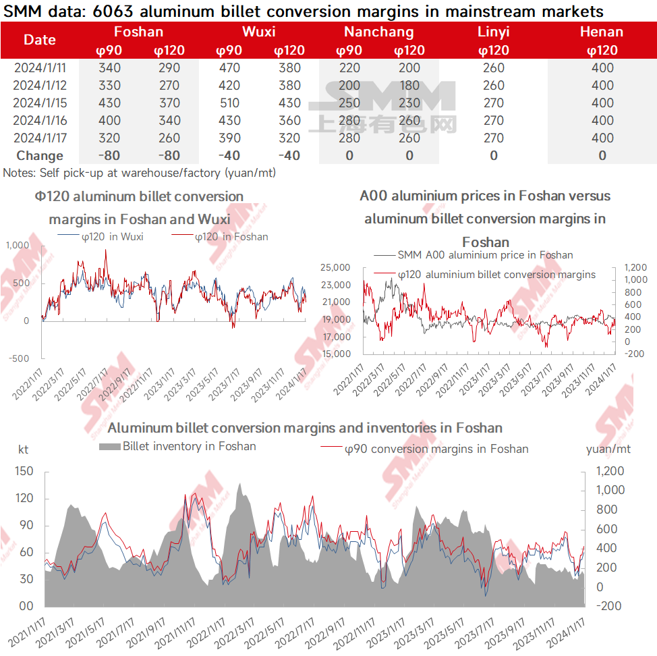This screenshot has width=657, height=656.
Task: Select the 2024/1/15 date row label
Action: [x=40, y=103]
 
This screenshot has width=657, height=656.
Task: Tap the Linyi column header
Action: [x=494, y=32]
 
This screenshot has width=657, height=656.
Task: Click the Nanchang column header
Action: [x=378, y=32]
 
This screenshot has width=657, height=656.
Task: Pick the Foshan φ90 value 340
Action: [x=109, y=68]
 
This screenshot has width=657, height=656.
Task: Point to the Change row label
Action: [x=40, y=156]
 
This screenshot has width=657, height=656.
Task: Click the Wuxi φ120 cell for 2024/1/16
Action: [x=289, y=121]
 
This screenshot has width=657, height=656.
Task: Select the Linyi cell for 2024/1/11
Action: [x=494, y=68]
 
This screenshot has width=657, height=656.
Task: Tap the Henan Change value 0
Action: [x=602, y=156]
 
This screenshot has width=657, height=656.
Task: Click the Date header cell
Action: [x=40, y=40]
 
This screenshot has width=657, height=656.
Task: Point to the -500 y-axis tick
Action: [x=18, y=358]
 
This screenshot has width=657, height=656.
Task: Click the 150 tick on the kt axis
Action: [x=24, y=471]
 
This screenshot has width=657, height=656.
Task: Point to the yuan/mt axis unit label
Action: [x=608, y=449]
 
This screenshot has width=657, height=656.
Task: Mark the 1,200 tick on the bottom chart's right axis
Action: [x=610, y=471]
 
